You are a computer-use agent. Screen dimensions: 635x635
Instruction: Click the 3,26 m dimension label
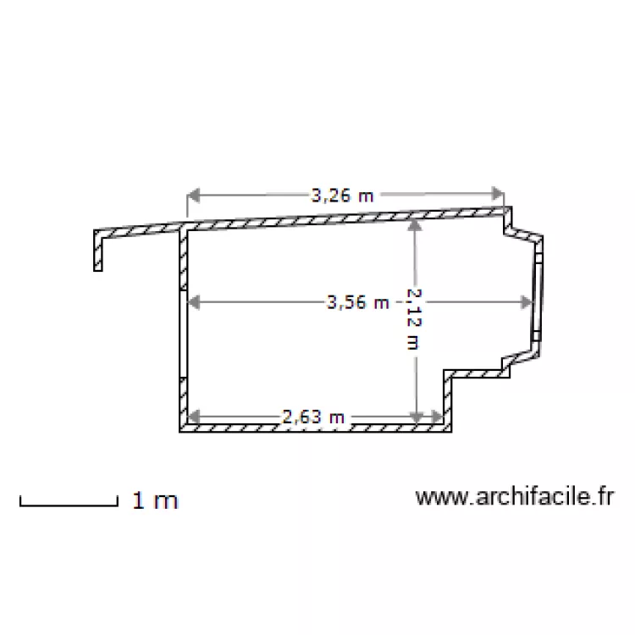click(342, 196)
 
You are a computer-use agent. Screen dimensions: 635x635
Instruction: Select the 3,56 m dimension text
click(358, 302)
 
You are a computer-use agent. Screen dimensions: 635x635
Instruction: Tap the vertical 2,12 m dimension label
click(414, 318)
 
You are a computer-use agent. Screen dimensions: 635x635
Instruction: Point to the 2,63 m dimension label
click(313, 417)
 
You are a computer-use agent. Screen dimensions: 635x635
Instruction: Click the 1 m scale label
click(155, 500)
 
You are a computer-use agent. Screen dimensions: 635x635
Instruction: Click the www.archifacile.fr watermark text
click(515, 496)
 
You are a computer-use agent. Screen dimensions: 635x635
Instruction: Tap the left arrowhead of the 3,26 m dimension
click(194, 195)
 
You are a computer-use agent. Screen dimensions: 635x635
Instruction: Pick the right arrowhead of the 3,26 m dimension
click(498, 194)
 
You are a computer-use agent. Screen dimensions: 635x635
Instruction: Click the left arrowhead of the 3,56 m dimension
click(194, 302)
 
